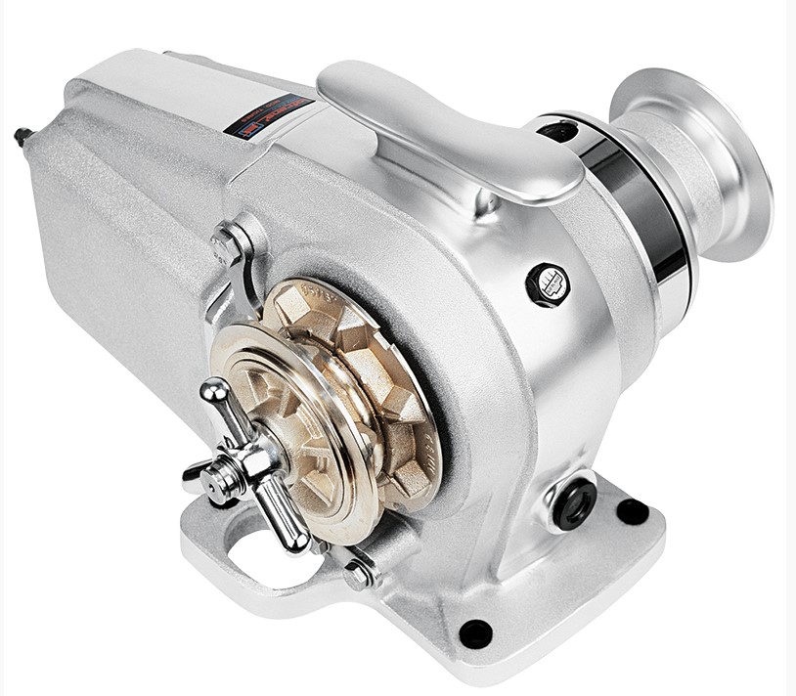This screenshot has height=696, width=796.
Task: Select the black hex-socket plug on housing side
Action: tap(548, 283)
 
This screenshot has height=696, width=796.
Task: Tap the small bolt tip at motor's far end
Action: tap(21, 136)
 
